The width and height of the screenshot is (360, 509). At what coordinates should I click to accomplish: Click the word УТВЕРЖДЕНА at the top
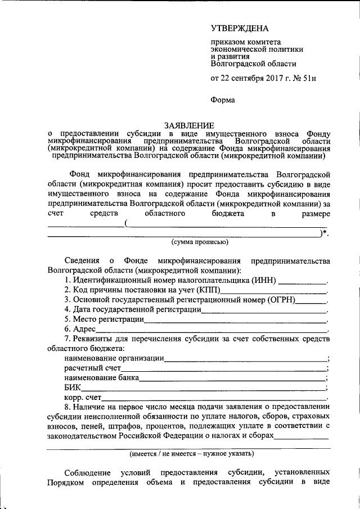[x=240, y=28]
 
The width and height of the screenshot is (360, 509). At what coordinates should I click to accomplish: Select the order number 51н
[x=308, y=78]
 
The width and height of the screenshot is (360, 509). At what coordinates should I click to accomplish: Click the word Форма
[x=223, y=100]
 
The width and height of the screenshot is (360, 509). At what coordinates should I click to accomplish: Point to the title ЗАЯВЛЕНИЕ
[x=188, y=125]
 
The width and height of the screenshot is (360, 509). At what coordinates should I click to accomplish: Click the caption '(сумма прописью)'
[x=200, y=242]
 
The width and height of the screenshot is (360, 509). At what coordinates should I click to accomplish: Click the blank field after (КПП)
[x=273, y=291]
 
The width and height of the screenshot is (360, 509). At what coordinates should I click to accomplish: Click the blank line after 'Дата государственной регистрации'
[x=264, y=311]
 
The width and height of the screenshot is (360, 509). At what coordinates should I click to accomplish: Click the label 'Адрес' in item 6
[x=85, y=329]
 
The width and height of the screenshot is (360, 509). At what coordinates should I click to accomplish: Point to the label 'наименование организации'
[x=114, y=358]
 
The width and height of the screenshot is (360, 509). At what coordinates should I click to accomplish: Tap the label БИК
[x=73, y=388]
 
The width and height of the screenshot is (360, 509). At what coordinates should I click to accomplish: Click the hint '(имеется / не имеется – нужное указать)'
[x=191, y=453]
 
